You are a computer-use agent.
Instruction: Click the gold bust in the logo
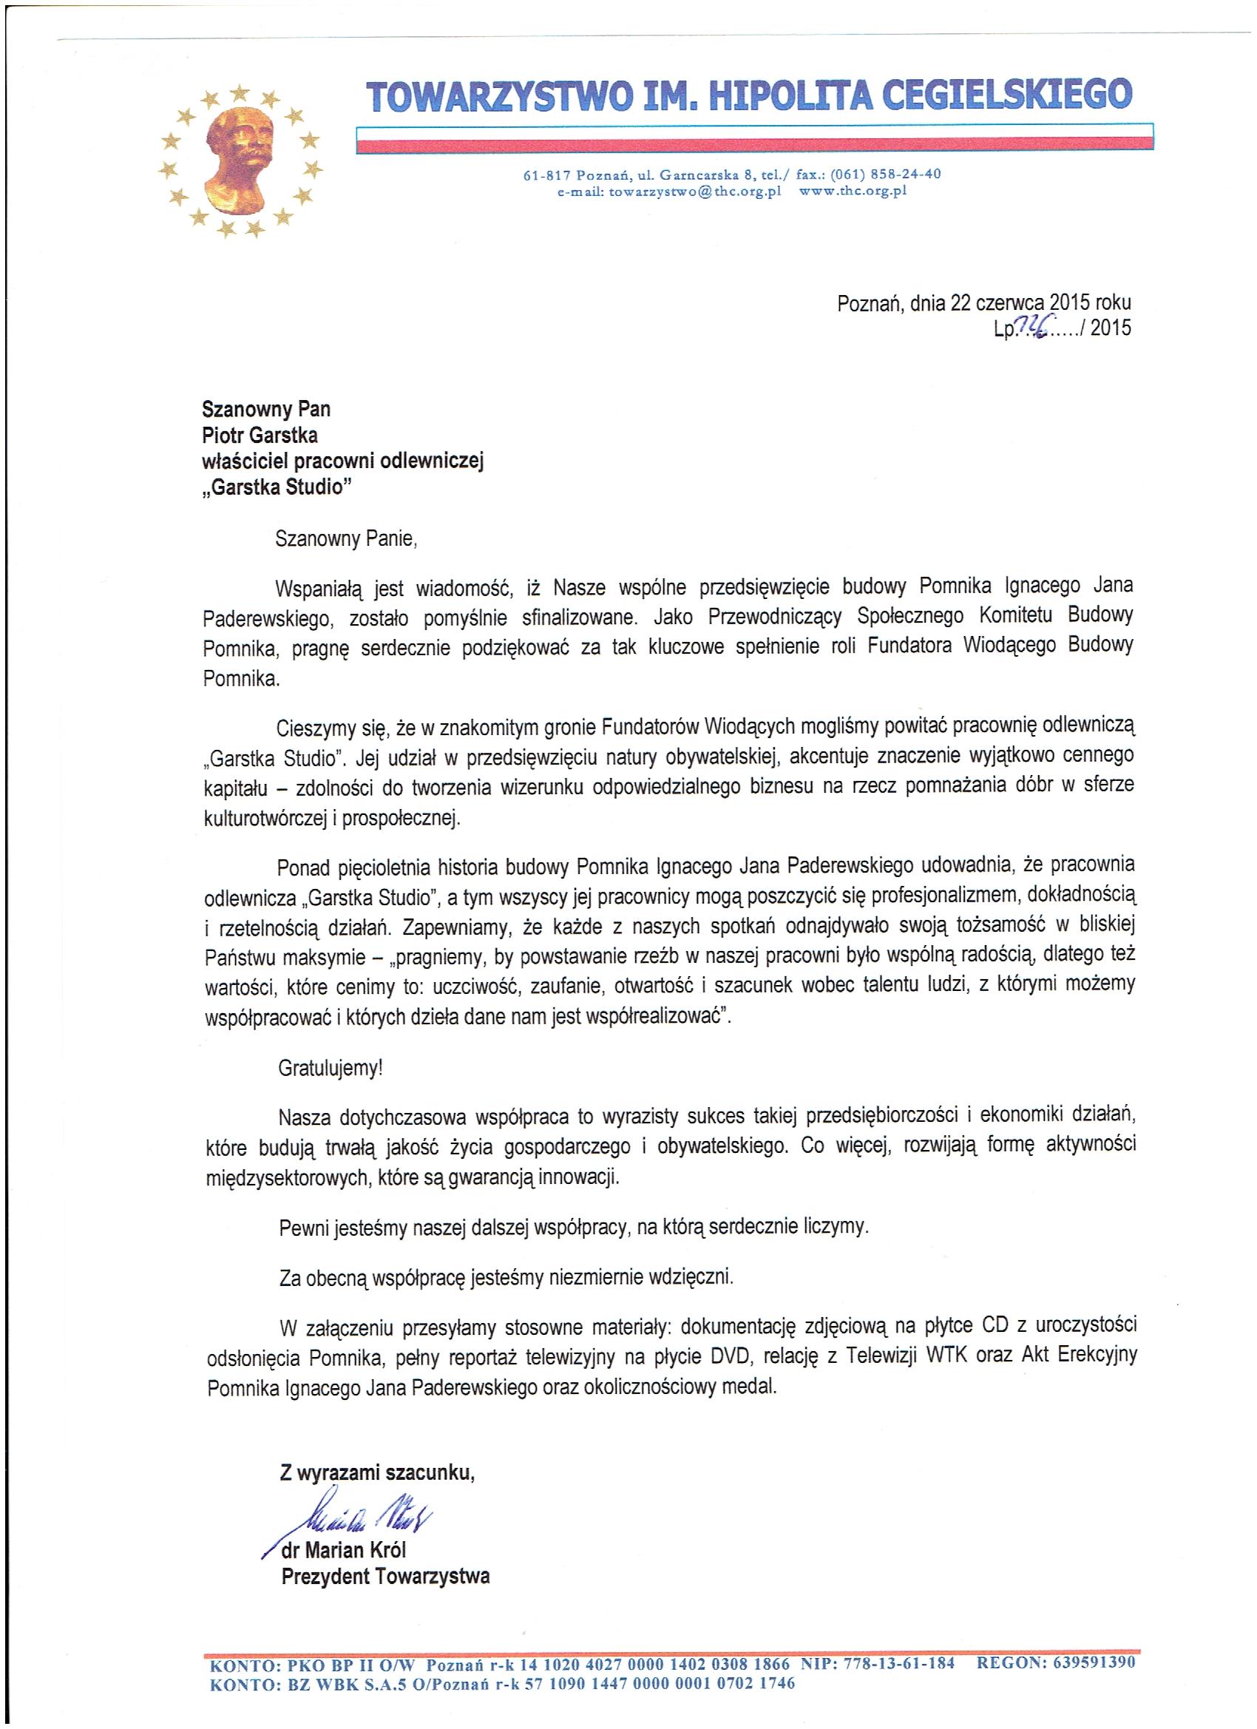click(x=238, y=159)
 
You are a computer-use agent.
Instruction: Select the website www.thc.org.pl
click(x=853, y=192)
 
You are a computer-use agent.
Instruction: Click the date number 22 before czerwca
click(x=960, y=303)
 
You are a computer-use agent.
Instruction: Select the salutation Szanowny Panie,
click(x=347, y=539)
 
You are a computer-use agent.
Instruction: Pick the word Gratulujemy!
click(x=330, y=1068)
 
